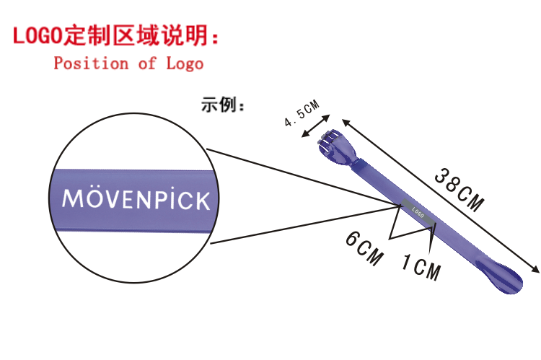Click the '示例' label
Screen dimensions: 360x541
[223, 106]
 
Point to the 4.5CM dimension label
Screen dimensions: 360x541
[302, 114]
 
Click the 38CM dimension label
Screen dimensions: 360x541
[459, 189]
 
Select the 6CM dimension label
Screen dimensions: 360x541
[364, 248]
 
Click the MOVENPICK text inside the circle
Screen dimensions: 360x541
[136, 198]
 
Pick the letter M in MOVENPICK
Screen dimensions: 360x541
[73, 198]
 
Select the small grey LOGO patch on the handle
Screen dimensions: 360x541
[419, 212]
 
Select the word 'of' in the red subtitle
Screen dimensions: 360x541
[147, 63]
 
